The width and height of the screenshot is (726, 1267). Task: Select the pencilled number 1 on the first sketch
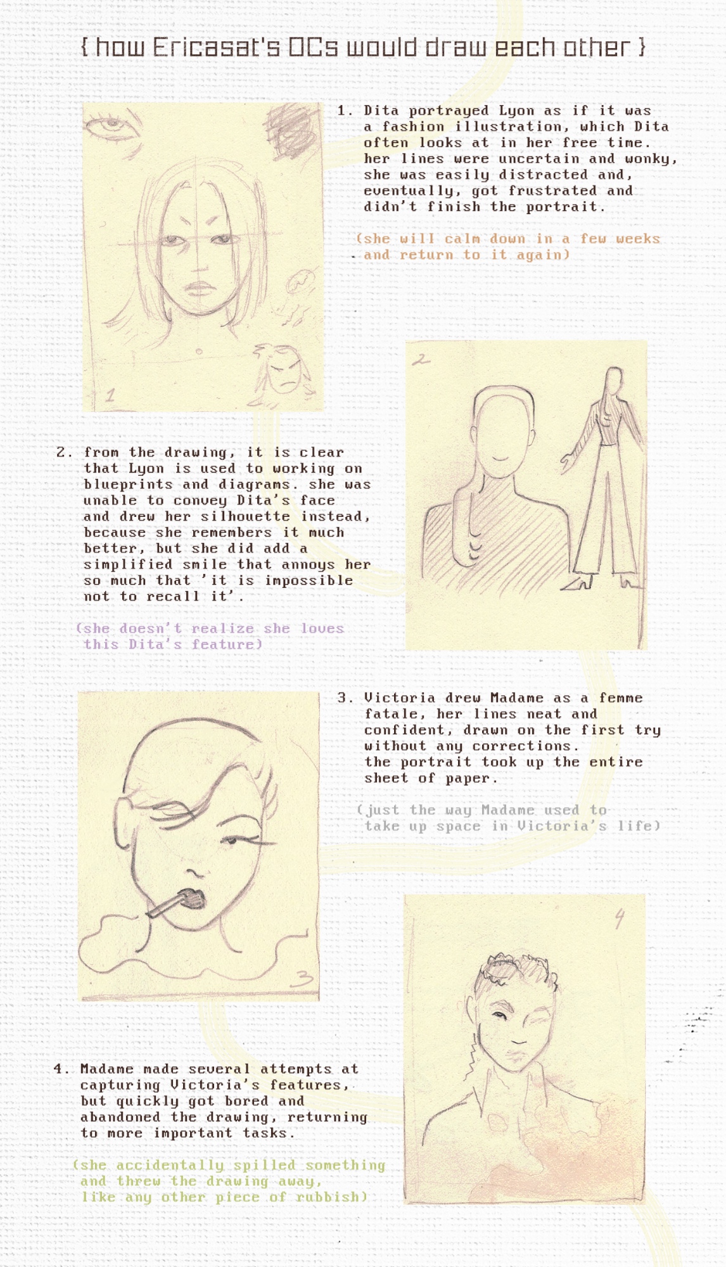[x=110, y=396]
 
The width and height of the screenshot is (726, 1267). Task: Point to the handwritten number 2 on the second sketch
[x=421, y=360]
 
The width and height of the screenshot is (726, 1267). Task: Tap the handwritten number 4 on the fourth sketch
[x=620, y=918]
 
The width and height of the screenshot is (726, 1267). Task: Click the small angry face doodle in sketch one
[x=284, y=371]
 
